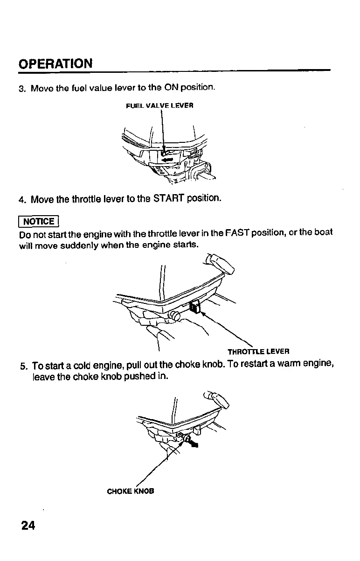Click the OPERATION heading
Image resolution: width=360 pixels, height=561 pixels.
point(55,63)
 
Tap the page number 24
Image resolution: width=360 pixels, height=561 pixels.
point(28,525)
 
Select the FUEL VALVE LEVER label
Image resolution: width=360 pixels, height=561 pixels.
point(159,105)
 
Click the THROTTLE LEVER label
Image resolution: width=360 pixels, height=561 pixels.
point(258,351)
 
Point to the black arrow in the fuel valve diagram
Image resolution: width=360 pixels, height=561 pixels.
point(167,159)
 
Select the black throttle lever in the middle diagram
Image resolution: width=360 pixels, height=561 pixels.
point(196,307)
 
